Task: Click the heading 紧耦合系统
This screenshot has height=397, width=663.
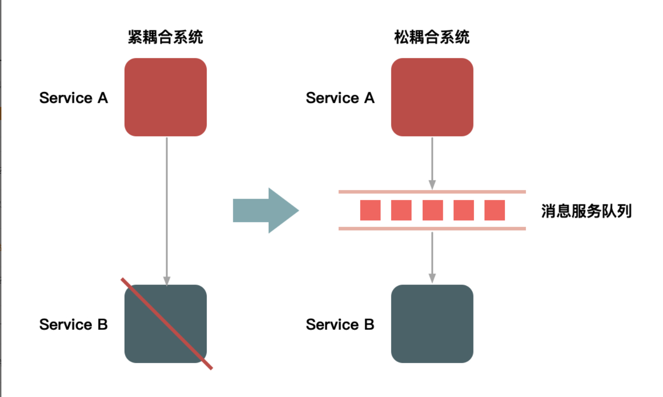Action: coord(165,37)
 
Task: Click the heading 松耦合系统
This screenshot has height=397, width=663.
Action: coord(432,37)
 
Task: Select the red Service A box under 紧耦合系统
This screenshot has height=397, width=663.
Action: coord(165,97)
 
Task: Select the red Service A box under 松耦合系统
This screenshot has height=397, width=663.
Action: coord(432,97)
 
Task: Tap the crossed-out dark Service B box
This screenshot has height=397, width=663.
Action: coord(165,324)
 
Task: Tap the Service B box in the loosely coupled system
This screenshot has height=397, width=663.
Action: coord(432,324)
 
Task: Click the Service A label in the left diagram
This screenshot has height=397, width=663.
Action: coord(74,98)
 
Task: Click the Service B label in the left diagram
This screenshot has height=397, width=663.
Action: coord(74,325)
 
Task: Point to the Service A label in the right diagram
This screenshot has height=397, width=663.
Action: coord(340,98)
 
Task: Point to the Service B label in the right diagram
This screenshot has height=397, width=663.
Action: coord(340,325)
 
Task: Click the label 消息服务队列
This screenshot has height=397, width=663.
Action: coord(586,211)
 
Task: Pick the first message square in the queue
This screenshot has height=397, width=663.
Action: coord(370,210)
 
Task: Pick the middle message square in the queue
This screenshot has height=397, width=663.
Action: coord(433,210)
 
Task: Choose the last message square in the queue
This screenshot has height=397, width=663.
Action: coord(495,210)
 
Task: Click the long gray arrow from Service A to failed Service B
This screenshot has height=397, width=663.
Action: coord(167,210)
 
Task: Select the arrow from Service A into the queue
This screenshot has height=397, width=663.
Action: coord(432,163)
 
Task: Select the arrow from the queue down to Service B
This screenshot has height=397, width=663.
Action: coord(432,257)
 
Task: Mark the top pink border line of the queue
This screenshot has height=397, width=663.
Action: coord(432,191)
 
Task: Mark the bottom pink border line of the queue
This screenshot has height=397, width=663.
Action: coord(432,228)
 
